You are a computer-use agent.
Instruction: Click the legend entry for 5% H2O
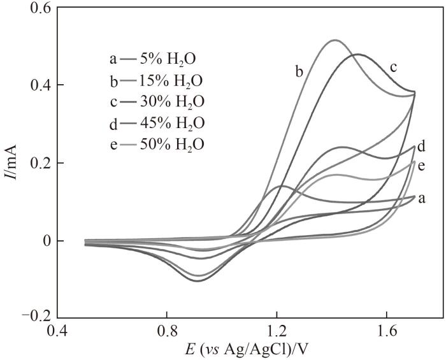point(153,60)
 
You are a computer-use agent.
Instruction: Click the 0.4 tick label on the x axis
point(57,333)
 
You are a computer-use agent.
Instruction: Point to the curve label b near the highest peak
point(298,71)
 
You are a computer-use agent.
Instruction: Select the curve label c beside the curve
point(394,66)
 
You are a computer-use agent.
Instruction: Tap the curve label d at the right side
point(421,144)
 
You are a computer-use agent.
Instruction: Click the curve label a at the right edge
point(421,199)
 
